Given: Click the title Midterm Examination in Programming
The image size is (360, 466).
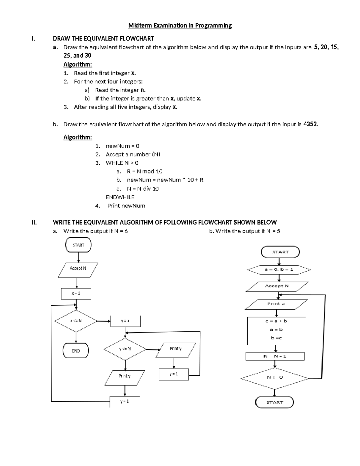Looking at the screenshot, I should coord(180,26).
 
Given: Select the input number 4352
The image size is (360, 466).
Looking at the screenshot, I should coord(310,124).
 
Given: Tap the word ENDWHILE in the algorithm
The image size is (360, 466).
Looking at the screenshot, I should coord(120,197).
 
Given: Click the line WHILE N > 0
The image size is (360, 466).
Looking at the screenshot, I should coord(122,163).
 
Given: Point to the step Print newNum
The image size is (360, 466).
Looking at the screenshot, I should coord(126,206).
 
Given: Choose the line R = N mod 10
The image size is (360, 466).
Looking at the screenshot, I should coord(145,171).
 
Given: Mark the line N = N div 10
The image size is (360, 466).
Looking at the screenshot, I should coord(143,189).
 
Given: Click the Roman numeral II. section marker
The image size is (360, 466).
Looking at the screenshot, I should coord(34,222).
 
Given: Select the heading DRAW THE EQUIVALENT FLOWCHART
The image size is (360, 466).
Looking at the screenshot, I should coord(103,38).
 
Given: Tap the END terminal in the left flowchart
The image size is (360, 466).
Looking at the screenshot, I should coord(76,350).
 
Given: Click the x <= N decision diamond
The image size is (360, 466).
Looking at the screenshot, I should coord(76,321).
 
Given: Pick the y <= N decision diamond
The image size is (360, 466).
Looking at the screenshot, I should coord(125,349).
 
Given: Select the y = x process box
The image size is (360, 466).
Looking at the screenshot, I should coord(125,321).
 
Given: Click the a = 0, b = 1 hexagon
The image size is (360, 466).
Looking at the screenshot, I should coord(279,269).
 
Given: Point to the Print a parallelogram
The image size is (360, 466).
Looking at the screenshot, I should coord(276,304).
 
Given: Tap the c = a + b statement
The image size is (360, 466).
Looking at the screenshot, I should coord(276,321).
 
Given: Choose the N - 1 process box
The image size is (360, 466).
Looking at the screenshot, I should coord(275,356).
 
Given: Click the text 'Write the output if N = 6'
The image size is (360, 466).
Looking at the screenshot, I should coord(95,231).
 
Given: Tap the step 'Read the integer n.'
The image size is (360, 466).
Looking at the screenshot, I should coord(120,90).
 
